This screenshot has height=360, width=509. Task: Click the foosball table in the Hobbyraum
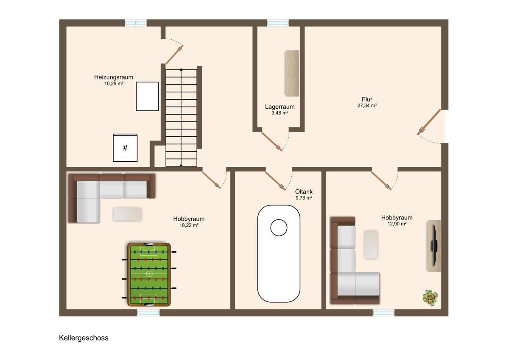point(149,274)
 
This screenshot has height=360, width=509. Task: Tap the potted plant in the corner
point(430,298)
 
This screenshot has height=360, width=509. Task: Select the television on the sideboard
point(434,246)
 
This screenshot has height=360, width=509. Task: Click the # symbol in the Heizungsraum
point(125,148)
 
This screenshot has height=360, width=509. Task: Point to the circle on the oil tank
point(279,228)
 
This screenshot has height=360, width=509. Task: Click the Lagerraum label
point(280,107)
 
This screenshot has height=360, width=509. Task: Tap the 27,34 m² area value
point(367,106)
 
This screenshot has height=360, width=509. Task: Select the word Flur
point(367,99)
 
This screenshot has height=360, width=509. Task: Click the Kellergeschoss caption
point(84,338)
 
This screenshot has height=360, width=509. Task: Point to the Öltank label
point(304,191)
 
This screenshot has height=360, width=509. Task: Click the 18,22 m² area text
point(189,225)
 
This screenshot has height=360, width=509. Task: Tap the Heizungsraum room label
point(114,77)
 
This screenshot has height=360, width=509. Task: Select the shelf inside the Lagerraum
point(292,73)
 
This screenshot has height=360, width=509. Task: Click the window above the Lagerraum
point(278,23)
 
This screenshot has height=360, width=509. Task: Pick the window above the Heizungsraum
point(136,23)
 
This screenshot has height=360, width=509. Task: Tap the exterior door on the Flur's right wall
point(429,122)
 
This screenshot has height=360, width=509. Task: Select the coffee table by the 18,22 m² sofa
point(128,214)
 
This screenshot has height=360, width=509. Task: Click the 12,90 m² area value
point(397,224)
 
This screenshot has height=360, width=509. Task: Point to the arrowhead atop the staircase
point(181,69)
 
